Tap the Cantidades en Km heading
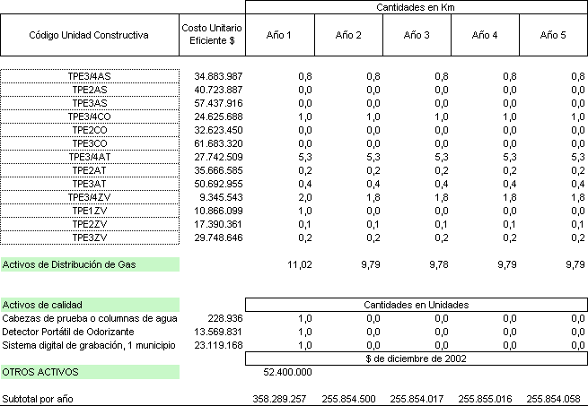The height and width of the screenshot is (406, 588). pyautogui.click(x=416, y=7)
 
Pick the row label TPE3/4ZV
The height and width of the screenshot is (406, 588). pyautogui.click(x=90, y=197)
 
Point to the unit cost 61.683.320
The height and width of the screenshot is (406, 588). pyautogui.click(x=218, y=143)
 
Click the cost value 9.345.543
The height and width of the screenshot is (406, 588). pyautogui.click(x=222, y=197)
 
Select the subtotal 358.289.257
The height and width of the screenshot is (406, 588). pyautogui.click(x=282, y=397)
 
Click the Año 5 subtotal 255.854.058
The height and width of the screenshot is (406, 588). pyautogui.click(x=557, y=397)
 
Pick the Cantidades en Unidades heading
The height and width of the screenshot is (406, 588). pyautogui.click(x=416, y=305)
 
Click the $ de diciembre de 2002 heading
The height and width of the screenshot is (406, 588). pyautogui.click(x=416, y=358)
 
